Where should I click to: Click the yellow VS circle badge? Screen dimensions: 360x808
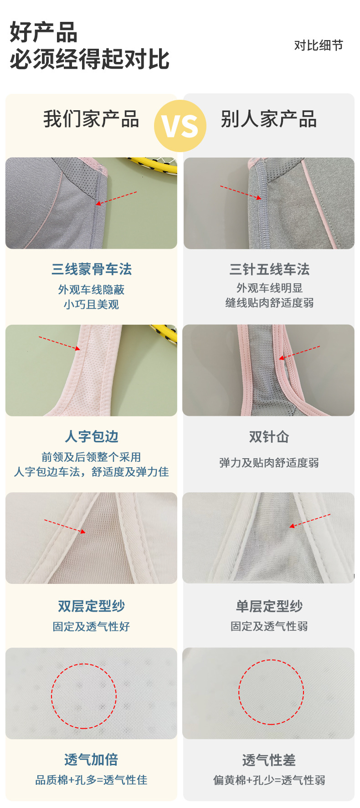[x=180, y=126]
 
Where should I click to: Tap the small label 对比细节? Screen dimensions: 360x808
[x=319, y=46]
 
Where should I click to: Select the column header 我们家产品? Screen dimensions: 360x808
[x=91, y=119]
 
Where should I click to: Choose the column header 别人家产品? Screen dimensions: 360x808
[x=269, y=119]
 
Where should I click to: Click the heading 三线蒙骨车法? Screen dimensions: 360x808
[x=92, y=269]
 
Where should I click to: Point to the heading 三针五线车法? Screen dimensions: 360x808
[x=269, y=269]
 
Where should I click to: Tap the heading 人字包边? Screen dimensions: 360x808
[x=92, y=436]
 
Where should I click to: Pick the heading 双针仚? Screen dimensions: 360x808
[x=269, y=436]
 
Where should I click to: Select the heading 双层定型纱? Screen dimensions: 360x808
[x=92, y=606]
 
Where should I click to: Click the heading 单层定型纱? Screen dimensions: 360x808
[x=269, y=606]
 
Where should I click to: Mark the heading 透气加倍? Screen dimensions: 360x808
[x=91, y=759]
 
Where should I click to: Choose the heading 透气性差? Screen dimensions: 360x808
[x=269, y=760]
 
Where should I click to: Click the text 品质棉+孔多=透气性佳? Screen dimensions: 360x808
[x=91, y=780]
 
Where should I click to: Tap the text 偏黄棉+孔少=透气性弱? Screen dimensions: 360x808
[x=269, y=780]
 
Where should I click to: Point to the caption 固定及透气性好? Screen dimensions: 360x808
[x=91, y=626]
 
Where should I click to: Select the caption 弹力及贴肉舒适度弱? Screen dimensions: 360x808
[x=269, y=463]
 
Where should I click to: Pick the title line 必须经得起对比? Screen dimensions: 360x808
[x=89, y=59]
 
